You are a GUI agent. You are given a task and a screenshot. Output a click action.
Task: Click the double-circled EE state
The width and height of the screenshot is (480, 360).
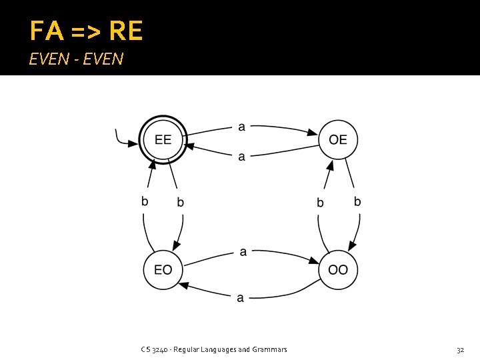pyautogui.click(x=163, y=140)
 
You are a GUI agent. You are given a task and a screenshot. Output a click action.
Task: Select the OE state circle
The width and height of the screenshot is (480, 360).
pyautogui.click(x=338, y=140)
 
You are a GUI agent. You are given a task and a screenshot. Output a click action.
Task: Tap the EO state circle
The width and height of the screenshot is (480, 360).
pyautogui.click(x=163, y=270)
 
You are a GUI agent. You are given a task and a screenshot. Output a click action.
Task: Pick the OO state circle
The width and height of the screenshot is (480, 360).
pyautogui.click(x=338, y=270)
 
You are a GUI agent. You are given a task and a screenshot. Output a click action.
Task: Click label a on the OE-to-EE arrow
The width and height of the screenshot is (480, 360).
pyautogui.click(x=241, y=157)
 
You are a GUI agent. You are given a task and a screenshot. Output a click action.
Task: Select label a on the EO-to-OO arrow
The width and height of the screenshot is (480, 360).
pyautogui.click(x=243, y=252)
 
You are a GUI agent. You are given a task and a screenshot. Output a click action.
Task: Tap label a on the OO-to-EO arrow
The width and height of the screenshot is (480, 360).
pyautogui.click(x=241, y=298)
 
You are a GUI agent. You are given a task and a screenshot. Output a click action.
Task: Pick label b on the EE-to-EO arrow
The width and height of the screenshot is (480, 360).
pyautogui.click(x=180, y=202)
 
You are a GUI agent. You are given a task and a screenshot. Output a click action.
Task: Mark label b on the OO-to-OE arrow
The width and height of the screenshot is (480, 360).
pyautogui.click(x=320, y=202)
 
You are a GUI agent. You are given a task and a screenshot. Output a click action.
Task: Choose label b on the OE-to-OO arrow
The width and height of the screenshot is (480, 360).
pyautogui.click(x=357, y=201)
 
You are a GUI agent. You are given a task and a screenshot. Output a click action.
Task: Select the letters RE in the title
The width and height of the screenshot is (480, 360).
pyautogui.click(x=125, y=31)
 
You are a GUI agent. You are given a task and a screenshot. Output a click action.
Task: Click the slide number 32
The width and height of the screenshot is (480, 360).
pyautogui.click(x=460, y=349)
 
